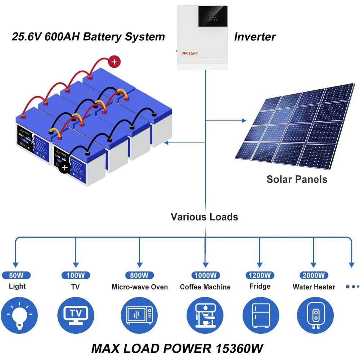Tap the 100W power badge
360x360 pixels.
tap(76, 275)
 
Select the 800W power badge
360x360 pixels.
tap(139, 275)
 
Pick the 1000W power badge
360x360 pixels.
tap(205, 275)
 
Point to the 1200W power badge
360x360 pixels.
tap(260, 275)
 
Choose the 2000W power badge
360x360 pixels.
tap(314, 275)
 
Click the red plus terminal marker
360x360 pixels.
tap(114, 62)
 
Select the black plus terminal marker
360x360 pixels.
tap(64, 167)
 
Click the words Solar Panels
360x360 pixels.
tap(297, 179)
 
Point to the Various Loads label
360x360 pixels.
tap(204, 217)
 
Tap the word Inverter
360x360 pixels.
tap(255, 36)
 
